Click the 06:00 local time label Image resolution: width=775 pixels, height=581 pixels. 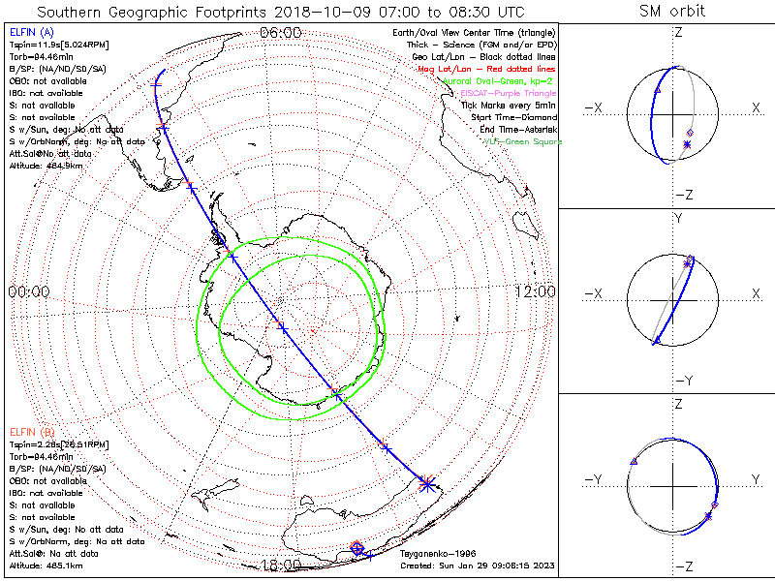[281, 32]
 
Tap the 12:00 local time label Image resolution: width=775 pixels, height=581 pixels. [535, 291]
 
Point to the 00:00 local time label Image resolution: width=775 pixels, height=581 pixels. [28, 291]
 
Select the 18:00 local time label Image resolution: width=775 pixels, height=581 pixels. [281, 566]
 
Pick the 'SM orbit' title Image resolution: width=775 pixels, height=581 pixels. [672, 12]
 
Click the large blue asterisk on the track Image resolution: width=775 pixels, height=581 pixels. [426, 483]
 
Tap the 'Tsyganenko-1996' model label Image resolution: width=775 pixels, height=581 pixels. [433, 555]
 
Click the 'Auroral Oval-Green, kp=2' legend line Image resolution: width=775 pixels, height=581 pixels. [500, 81]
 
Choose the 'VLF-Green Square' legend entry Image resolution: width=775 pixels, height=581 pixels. [522, 141]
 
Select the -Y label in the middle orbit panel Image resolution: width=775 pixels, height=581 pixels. [678, 380]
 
